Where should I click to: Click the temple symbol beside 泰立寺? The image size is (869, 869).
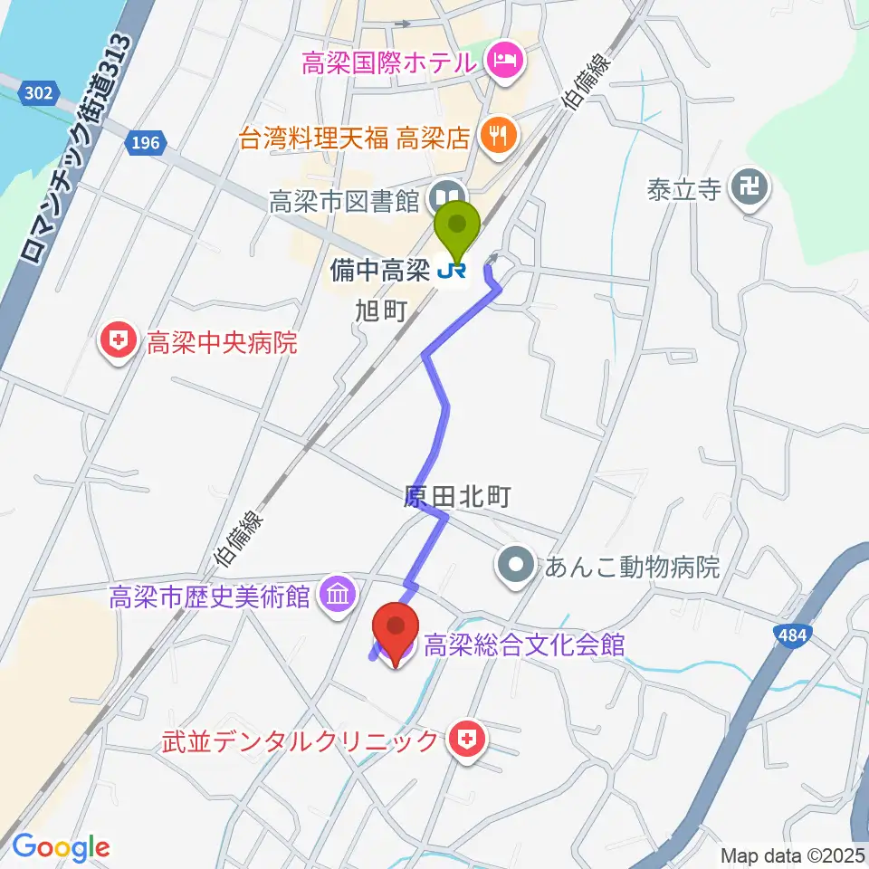(x=750, y=190)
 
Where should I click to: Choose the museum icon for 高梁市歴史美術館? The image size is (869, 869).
(x=337, y=596)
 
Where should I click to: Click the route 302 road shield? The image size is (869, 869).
(x=40, y=91)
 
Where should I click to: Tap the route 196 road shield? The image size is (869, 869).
(x=143, y=141)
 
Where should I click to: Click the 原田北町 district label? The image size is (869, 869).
(x=458, y=496)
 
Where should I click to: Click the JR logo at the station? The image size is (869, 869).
(x=453, y=269)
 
